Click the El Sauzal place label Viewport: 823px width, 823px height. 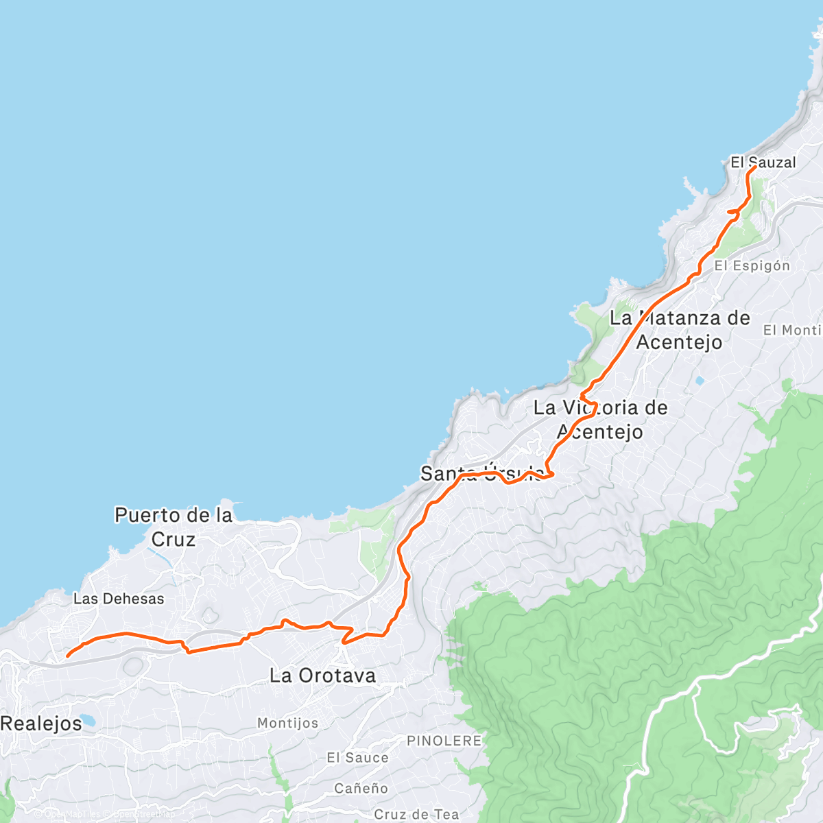pyautogui.click(x=763, y=163)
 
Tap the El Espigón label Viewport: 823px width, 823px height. pyautogui.click(x=752, y=266)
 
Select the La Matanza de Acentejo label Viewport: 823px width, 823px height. pyautogui.click(x=680, y=330)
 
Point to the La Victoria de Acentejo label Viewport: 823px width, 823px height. pyautogui.click(x=600, y=419)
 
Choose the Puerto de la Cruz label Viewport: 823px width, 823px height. pyautogui.click(x=174, y=527)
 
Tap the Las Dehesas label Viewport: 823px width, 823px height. pyautogui.click(x=119, y=599)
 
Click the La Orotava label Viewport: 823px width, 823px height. pyautogui.click(x=322, y=676)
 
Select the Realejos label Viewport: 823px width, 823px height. pyautogui.click(x=40, y=723)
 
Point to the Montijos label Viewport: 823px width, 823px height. pyautogui.click(x=287, y=723)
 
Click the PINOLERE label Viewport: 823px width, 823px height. pyautogui.click(x=444, y=741)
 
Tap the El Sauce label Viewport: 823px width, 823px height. pyautogui.click(x=357, y=758)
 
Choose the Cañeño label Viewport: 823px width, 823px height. pyautogui.click(x=361, y=789)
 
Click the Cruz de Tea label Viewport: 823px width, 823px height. pyautogui.click(x=416, y=814)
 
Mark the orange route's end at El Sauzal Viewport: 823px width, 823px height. pyautogui.click(x=754, y=167)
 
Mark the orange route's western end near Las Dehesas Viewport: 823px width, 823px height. pyautogui.click(x=67, y=656)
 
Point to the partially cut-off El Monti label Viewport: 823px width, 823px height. pyautogui.click(x=792, y=331)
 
